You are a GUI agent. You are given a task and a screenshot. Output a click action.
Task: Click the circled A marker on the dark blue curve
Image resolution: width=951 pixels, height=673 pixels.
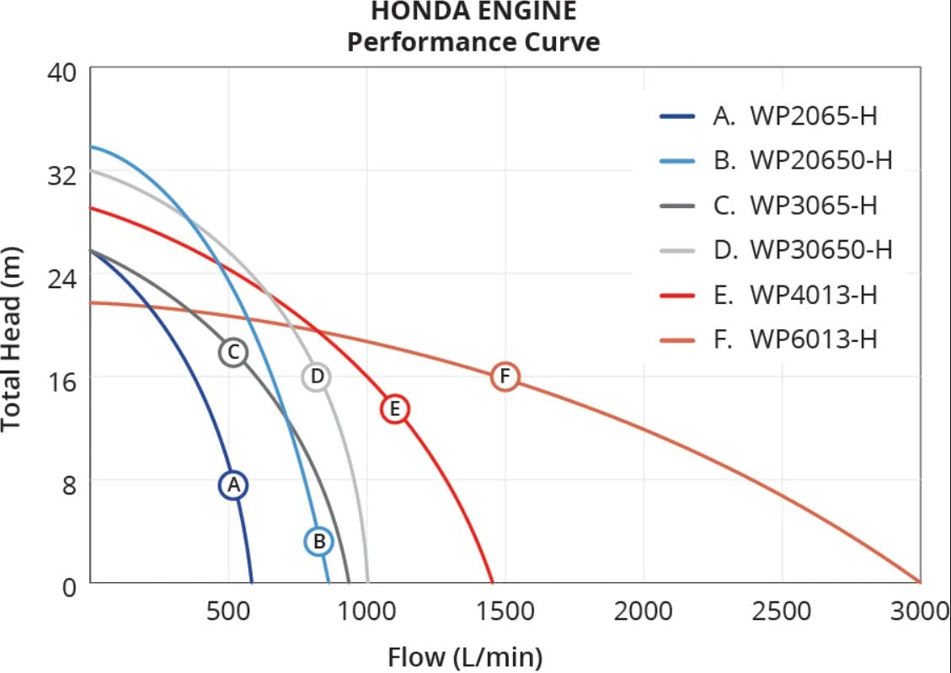[234, 484]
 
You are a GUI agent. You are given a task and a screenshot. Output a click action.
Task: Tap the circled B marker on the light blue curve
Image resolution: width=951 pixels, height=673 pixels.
[319, 541]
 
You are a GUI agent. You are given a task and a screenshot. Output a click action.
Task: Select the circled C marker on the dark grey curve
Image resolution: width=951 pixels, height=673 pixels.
[233, 351]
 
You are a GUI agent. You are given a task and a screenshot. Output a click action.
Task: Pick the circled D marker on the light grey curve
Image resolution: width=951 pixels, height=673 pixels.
[317, 377]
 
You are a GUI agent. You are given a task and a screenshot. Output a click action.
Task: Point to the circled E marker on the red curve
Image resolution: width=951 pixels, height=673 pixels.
[394, 409]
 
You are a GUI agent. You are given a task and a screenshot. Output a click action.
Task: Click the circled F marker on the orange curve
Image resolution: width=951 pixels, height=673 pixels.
[505, 376]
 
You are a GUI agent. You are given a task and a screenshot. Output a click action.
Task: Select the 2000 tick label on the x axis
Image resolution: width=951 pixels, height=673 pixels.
[644, 611]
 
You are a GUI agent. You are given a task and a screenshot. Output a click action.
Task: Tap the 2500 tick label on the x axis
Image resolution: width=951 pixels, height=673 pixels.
[783, 611]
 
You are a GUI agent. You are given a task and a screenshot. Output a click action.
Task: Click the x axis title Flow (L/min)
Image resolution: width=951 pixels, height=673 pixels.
[465, 656]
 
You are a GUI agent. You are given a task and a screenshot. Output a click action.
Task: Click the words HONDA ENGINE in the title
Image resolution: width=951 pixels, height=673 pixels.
[473, 12]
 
